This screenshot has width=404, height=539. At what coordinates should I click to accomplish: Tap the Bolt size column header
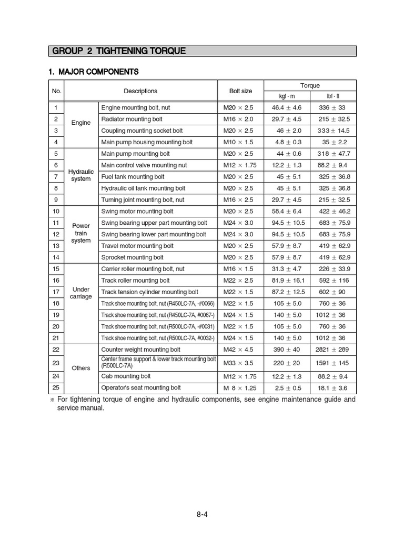(x=240, y=91)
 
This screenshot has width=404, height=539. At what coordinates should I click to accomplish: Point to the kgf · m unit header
(x=287, y=96)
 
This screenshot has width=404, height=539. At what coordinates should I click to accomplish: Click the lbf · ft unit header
(x=333, y=96)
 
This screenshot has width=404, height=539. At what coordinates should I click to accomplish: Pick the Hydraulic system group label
(x=81, y=175)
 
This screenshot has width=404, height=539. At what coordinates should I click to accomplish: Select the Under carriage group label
(x=81, y=293)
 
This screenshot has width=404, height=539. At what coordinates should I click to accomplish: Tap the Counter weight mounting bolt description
(x=140, y=350)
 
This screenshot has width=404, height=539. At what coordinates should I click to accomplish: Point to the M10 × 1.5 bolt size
(x=238, y=142)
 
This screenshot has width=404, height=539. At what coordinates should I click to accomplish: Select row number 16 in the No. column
(x=55, y=281)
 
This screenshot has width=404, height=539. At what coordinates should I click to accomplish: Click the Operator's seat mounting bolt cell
(x=140, y=388)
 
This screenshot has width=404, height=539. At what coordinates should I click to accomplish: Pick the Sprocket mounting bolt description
(x=132, y=257)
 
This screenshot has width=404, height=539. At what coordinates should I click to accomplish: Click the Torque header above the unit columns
(x=310, y=85)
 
